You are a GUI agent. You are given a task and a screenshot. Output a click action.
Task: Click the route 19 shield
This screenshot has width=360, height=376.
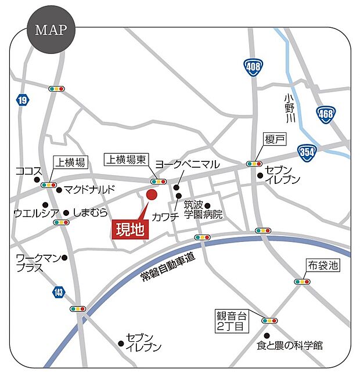[22, 101]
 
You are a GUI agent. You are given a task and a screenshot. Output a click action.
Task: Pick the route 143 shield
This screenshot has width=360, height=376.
[58, 292]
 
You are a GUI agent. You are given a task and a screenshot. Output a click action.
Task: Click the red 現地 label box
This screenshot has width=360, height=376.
[130, 229]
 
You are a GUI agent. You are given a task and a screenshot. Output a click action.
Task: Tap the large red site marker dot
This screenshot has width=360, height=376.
[152, 195]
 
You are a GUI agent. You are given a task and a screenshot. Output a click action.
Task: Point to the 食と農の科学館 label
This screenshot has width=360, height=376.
[290, 346]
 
